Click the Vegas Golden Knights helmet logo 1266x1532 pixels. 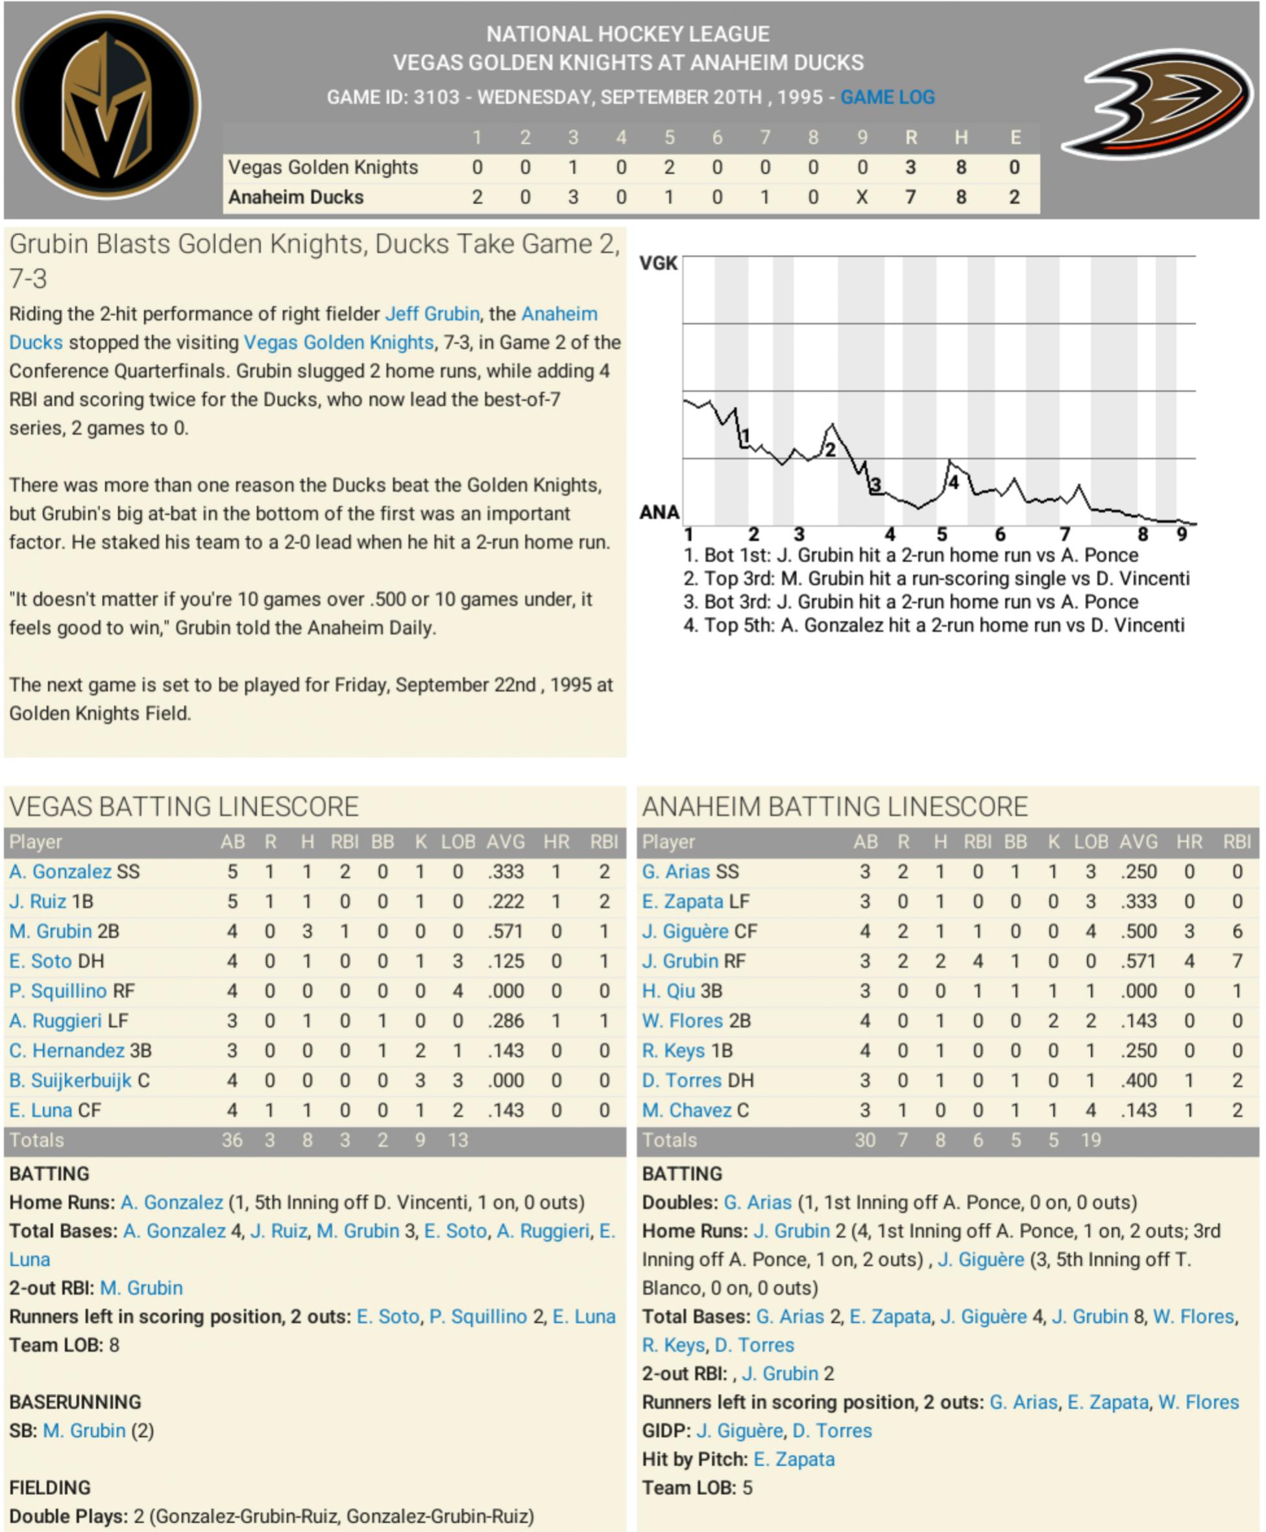coord(106,105)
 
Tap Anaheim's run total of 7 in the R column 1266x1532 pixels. coord(910,197)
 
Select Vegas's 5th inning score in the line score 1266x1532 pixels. coord(669,167)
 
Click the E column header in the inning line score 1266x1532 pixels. coord(1014,137)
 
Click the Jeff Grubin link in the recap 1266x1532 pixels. coord(432,313)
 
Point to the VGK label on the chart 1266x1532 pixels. coord(658,263)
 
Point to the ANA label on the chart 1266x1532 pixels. coord(659,513)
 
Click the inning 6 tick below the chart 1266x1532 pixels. coord(1000,535)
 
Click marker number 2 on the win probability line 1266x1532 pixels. coord(830,450)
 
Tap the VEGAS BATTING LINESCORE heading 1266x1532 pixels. coord(184,807)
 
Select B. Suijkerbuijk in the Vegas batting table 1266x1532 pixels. coord(70,1080)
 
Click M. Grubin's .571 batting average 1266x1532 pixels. coord(505,931)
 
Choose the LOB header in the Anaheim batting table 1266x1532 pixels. coord(1090,842)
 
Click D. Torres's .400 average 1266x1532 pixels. coord(1138,1080)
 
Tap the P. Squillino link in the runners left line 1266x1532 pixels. coord(478,1316)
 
